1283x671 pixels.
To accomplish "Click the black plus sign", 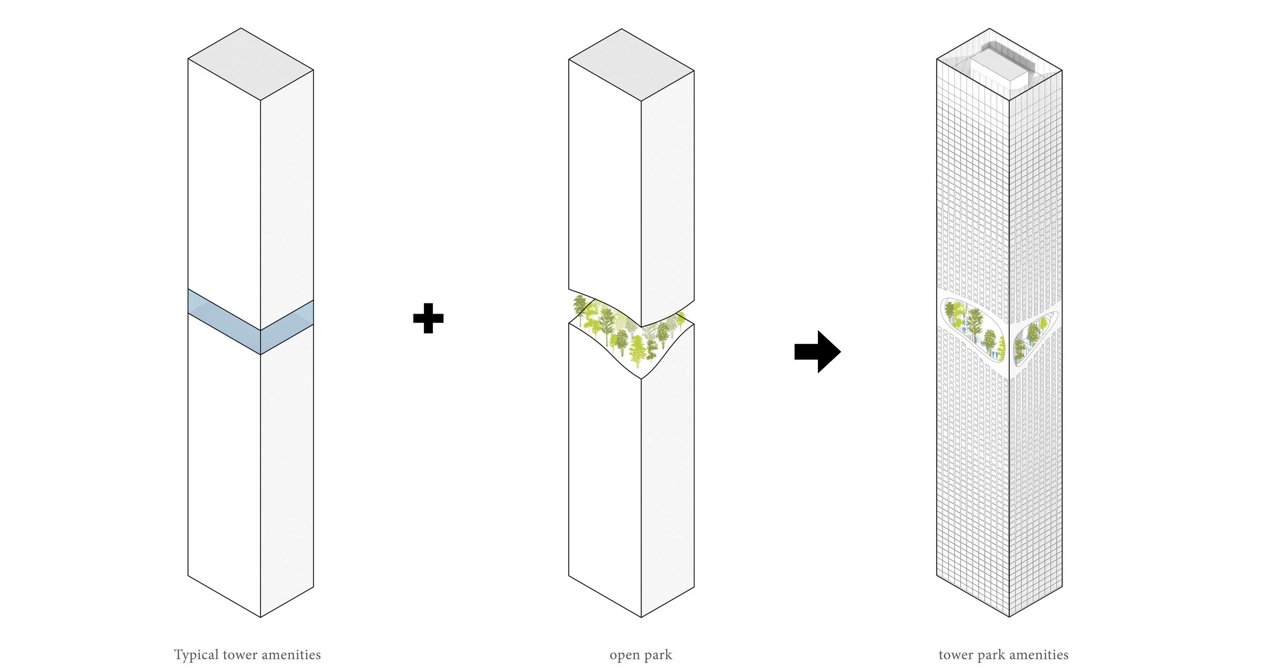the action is click(428, 318).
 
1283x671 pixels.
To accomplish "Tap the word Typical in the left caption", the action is click(196, 655).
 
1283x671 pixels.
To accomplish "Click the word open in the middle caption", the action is click(624, 656).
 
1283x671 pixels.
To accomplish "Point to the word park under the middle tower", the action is click(658, 656).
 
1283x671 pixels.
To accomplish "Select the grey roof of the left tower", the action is click(250, 64).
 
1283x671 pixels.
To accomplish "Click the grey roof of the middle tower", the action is click(631, 65).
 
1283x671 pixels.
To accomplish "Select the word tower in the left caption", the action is click(240, 655).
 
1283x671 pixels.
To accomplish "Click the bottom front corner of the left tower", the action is click(260, 617).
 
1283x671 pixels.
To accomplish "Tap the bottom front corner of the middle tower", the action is click(641, 617).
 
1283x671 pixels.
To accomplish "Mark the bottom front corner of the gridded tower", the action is click(1009, 617).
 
